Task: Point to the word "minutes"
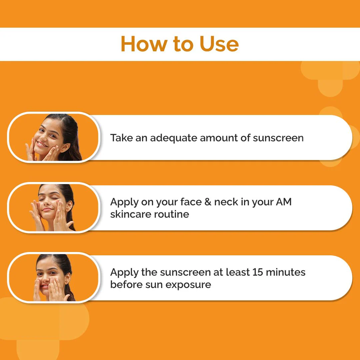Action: click(x=286, y=272)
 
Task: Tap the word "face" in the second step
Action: click(x=191, y=202)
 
